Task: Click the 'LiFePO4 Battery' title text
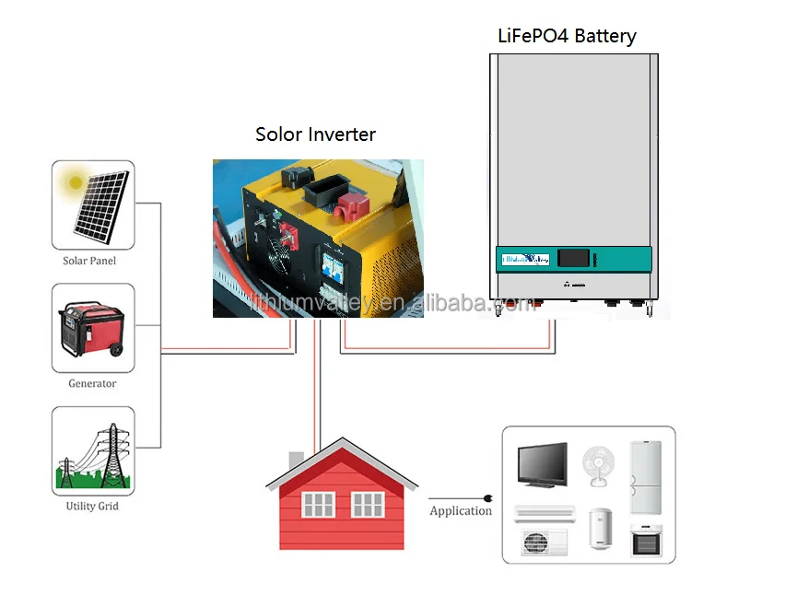click(x=567, y=37)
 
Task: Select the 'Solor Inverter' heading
click(x=315, y=134)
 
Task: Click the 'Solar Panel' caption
click(x=89, y=261)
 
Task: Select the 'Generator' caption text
click(x=92, y=383)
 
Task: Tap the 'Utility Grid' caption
click(x=92, y=506)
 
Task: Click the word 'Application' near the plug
click(x=461, y=511)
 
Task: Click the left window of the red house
click(x=318, y=505)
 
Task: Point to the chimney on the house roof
click(x=297, y=459)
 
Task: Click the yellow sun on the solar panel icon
click(x=71, y=183)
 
